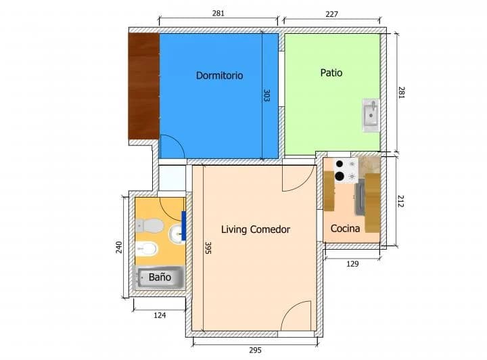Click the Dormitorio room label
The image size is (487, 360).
click(219, 76)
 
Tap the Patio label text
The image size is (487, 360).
click(331, 73)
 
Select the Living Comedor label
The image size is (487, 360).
click(256, 229)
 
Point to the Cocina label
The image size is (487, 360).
click(345, 229)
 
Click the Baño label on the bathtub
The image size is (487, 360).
click(160, 277)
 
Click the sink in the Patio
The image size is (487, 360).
click(371, 115)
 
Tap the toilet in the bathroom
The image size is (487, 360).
click(149, 225)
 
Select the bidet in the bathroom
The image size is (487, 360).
click(147, 248)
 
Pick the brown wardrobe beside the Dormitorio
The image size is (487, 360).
click(144, 86)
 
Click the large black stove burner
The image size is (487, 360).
click(340, 176)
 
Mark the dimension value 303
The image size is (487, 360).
click(266, 95)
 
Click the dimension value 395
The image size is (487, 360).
click(208, 248)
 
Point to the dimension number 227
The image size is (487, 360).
click(331, 14)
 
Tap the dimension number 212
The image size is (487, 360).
click(400, 201)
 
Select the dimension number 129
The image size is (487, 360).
click(352, 264)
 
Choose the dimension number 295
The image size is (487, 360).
click(255, 350)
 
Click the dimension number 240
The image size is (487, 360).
click(119, 247)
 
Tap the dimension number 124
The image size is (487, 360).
click(160, 315)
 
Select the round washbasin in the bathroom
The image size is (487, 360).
click(177, 233)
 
